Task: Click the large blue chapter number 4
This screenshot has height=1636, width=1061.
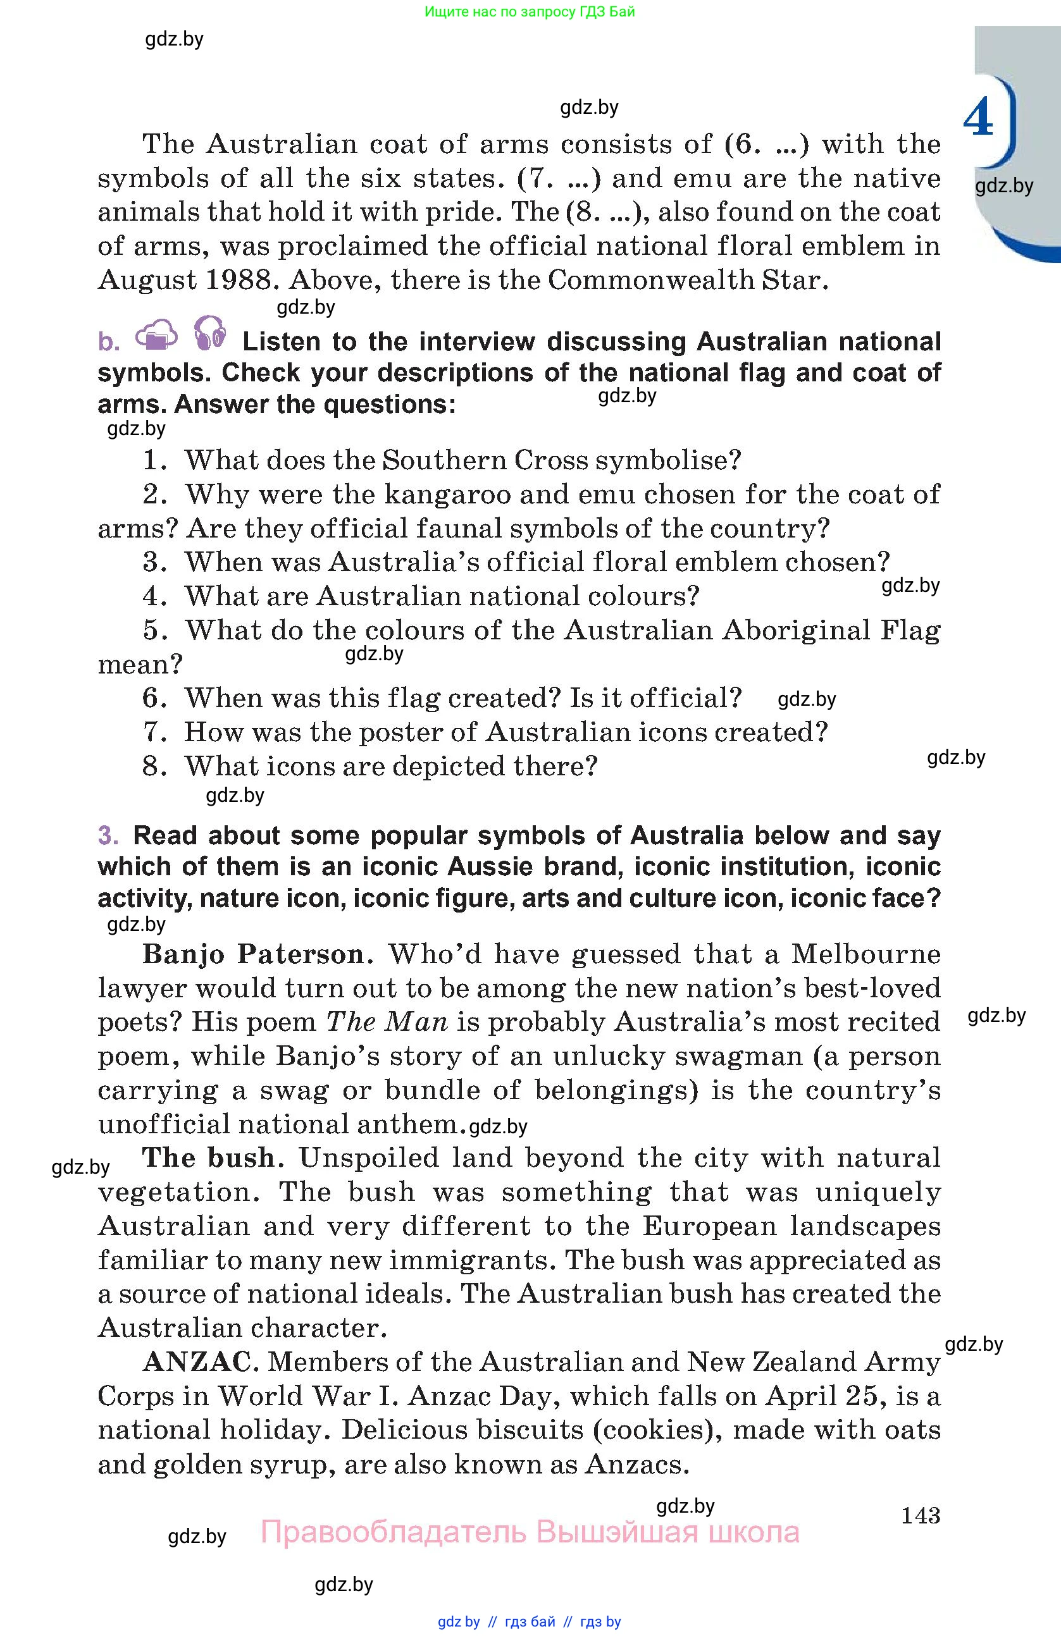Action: [977, 118]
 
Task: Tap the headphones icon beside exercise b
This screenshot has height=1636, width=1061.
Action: [209, 333]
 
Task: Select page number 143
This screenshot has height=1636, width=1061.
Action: [920, 1515]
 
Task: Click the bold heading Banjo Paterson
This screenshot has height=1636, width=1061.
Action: [253, 954]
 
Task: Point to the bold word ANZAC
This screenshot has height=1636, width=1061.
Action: [197, 1362]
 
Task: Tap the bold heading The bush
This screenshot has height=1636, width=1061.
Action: [209, 1157]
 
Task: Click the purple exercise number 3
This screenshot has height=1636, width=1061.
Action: [108, 835]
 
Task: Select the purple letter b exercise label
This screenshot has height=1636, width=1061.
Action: [108, 341]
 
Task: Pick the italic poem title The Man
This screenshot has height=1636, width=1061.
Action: [387, 1021]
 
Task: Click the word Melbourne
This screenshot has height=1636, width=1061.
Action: [866, 954]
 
